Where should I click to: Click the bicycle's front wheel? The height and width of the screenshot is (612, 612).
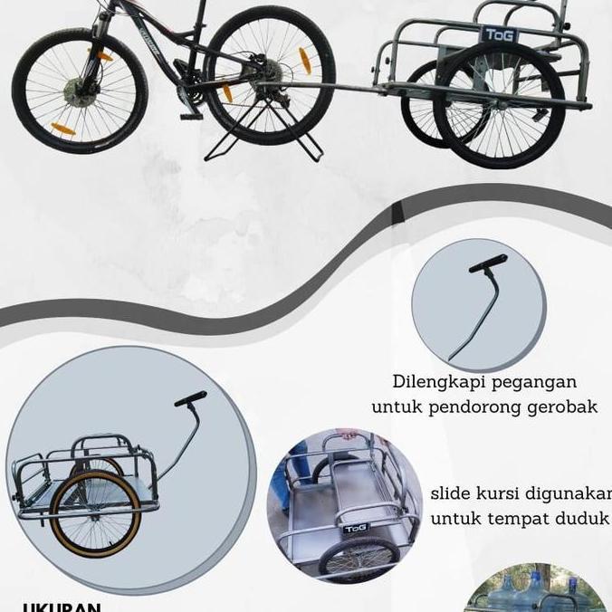click(79, 91)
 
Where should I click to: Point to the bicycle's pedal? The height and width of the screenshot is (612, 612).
click(191, 116)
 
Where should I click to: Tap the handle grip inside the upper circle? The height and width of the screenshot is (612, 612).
click(487, 264)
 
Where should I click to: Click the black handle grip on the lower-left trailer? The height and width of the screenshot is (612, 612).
click(190, 399)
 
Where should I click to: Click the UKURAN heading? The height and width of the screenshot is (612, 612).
click(62, 607)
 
